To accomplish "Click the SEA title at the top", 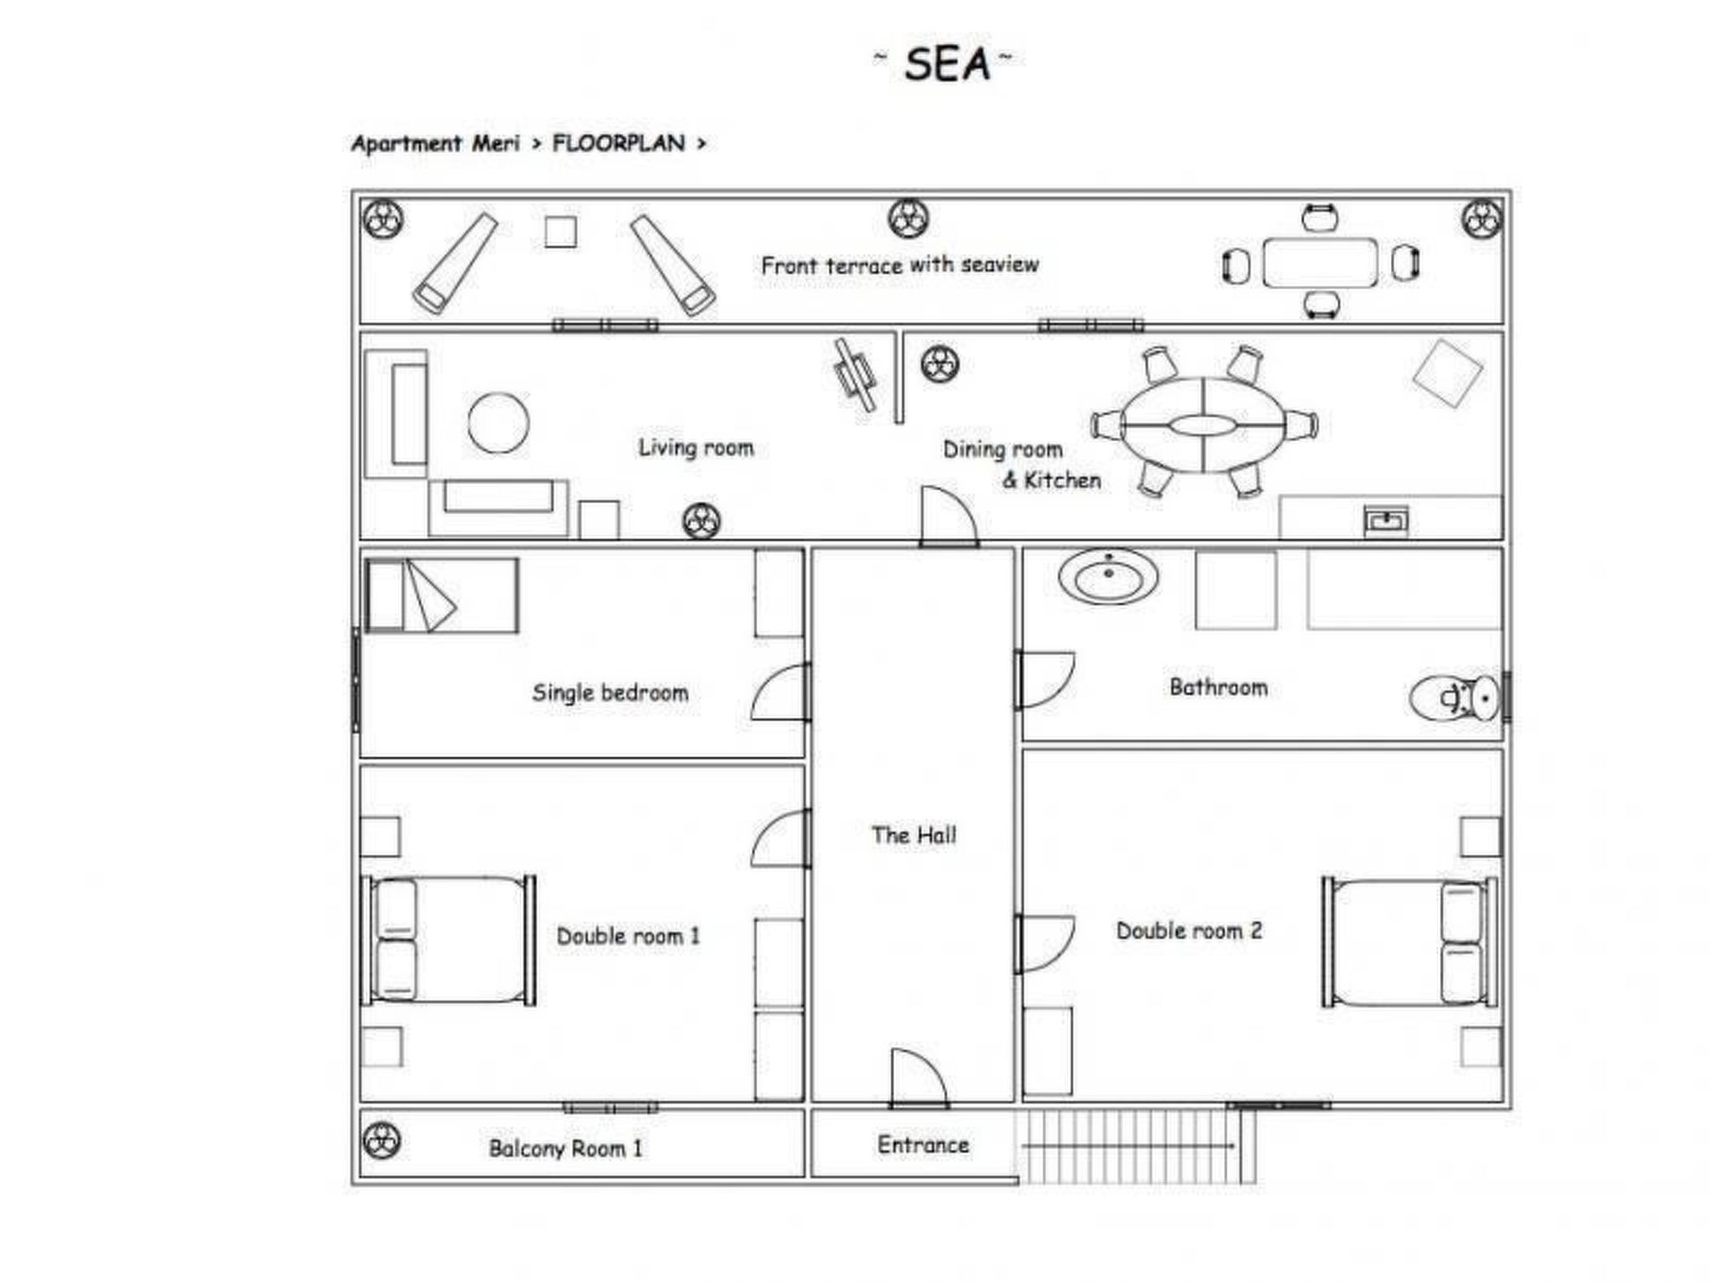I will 946,64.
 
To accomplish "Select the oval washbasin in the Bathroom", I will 1108,576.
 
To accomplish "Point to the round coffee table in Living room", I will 498,423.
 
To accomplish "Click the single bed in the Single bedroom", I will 442,596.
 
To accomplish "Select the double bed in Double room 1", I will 448,940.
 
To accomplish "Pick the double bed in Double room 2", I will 1409,942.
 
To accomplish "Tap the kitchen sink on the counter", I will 1385,520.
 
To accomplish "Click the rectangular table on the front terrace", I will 1319,262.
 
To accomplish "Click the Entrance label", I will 923,1144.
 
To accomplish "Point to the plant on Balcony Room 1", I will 382,1141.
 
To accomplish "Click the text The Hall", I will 913,834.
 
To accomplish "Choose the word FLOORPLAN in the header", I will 618,144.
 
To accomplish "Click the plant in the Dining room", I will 939,364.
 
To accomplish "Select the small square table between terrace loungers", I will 560,231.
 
